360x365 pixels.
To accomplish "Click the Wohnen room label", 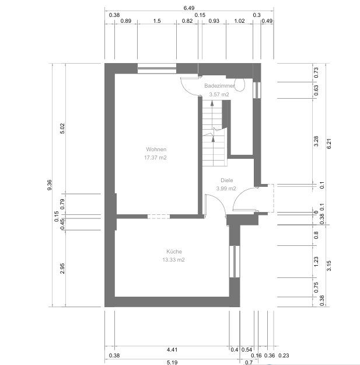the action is pos(156,150).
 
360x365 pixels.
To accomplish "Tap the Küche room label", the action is pos(174,251).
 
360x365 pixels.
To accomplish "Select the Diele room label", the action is pos(227,180).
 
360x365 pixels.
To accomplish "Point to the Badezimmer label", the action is pos(219,86).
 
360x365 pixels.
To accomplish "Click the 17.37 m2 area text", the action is pos(155,158).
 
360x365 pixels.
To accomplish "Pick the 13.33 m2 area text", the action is pos(173,260).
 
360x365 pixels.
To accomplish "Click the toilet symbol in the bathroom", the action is pos(240,85).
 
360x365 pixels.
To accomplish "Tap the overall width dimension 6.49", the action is pos(189,8).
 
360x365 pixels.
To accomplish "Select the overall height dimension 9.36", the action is pos(50,185).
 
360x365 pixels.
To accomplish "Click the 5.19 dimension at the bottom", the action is pos(172,362).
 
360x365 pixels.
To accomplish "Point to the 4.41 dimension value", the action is pos(172,350).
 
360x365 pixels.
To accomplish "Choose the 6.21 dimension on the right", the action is pos(329,144).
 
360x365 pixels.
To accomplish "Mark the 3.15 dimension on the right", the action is pos(329,266).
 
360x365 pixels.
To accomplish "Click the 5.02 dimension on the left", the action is pos(62,128).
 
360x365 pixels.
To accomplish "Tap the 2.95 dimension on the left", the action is pos(62,269).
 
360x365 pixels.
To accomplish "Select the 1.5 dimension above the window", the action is pos(157,21).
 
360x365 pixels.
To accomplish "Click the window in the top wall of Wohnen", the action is pos(157,68).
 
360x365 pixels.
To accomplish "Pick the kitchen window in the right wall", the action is pos(235,262).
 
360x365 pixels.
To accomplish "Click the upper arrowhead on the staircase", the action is pos(212,103).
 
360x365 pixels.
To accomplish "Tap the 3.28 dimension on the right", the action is pos(316,141).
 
